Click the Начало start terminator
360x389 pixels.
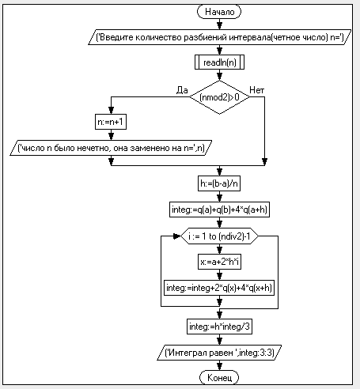[219, 12]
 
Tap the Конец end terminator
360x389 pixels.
[219, 377]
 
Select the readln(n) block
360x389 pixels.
[219, 62]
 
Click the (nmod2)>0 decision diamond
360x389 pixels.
[219, 97]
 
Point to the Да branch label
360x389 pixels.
[182, 90]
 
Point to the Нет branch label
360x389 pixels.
[256, 90]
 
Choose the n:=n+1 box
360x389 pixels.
[111, 122]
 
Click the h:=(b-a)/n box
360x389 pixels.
[219, 183]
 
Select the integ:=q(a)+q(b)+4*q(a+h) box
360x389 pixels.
[219, 210]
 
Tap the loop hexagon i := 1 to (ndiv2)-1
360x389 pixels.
[219, 236]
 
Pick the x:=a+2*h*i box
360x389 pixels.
[219, 262]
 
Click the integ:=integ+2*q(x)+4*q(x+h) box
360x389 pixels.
[219, 288]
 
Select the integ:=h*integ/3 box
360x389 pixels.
[219, 327]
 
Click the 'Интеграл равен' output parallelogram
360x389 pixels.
[219, 353]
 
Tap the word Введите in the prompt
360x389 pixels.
[116, 37]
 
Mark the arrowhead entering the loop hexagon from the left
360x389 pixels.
[177, 236]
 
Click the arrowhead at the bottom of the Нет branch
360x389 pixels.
[264, 161]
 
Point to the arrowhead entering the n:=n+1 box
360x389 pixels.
[111, 110]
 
